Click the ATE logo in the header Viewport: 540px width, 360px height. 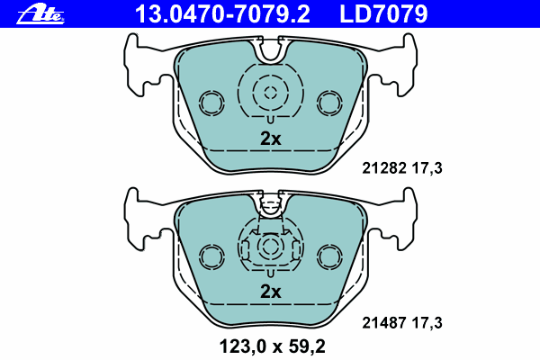[x=40, y=14]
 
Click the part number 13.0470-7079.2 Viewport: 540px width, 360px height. [x=222, y=14]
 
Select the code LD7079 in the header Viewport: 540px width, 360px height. [x=383, y=14]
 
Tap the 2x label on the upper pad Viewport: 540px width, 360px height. [x=271, y=139]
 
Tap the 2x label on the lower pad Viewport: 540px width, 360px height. [x=271, y=292]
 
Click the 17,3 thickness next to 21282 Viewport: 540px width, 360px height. [x=427, y=168]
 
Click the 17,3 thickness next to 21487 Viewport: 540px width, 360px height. [x=427, y=323]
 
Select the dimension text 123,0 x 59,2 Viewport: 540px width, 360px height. [x=272, y=346]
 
